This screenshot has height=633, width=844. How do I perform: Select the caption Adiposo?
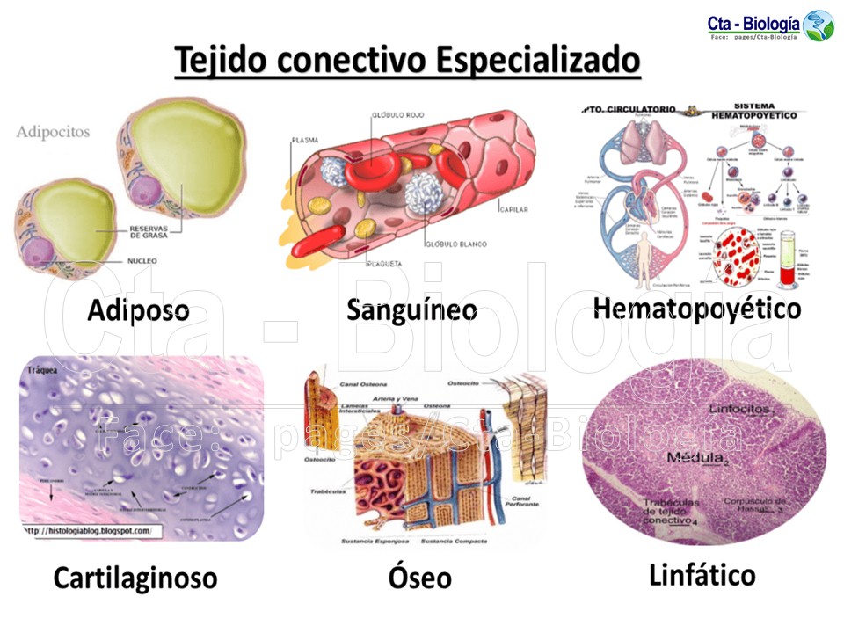(x=138, y=311)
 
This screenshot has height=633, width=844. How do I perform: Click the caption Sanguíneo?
(x=411, y=309)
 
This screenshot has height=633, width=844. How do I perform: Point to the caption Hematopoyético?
(x=696, y=309)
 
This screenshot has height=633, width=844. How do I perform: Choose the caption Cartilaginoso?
(x=135, y=578)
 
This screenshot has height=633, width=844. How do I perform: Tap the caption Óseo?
(x=419, y=578)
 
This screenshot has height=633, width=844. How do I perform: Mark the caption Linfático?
(x=702, y=575)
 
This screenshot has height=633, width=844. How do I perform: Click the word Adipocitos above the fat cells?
(x=53, y=132)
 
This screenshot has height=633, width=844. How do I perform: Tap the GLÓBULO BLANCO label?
(x=455, y=244)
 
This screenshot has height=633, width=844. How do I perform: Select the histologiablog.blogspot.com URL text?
(x=87, y=531)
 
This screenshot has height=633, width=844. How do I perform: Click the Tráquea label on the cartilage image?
(x=42, y=370)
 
